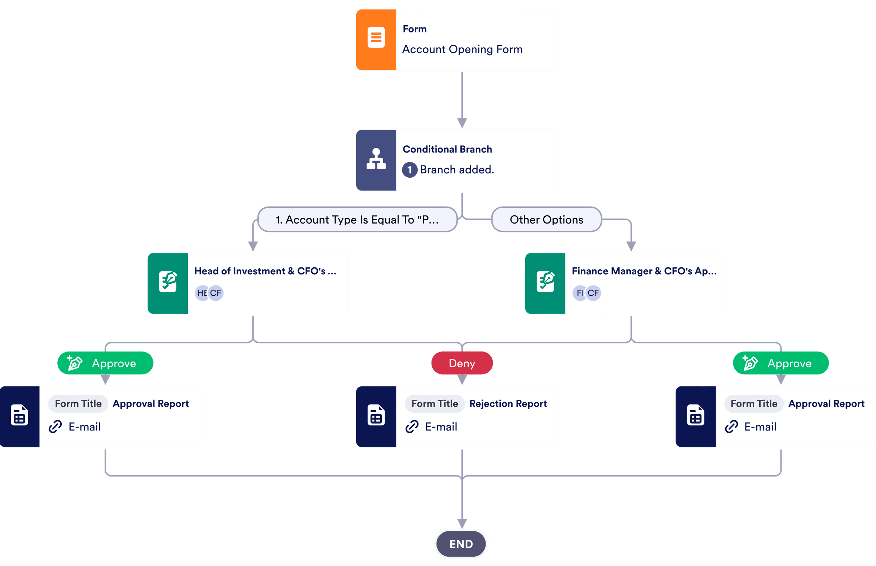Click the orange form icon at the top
pos(376,37)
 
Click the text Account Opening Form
pos(462,49)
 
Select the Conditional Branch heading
pos(447,149)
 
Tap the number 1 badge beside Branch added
pos(409,170)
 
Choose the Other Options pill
pos(546,220)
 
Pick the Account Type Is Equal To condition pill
pos(357,220)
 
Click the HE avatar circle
pos(202,293)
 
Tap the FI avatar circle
pos(579,293)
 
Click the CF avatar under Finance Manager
pos(593,293)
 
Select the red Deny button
pos(462,363)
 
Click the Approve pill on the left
pos(106,363)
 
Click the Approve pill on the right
pos(780,363)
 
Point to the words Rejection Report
pos(508,403)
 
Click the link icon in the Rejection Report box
pos(412,427)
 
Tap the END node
pos(461,544)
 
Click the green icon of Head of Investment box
pos(168,282)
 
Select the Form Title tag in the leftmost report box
pos(78,403)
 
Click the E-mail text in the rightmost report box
pos(760,427)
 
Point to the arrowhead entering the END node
pos(462,523)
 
